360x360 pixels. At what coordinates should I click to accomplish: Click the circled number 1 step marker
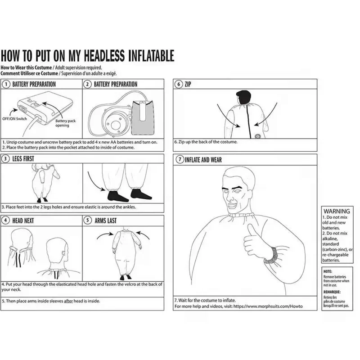(6, 84)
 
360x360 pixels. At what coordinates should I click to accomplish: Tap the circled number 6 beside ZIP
(178, 84)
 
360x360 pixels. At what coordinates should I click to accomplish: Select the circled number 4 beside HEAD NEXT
(5, 220)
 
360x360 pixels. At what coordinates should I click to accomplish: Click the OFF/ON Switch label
(14, 119)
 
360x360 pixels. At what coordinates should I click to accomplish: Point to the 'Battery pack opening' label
(65, 123)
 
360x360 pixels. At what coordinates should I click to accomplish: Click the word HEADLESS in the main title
(103, 56)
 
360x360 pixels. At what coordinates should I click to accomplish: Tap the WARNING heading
(337, 211)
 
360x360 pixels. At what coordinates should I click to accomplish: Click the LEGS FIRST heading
(23, 159)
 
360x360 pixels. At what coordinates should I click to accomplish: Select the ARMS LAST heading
(106, 220)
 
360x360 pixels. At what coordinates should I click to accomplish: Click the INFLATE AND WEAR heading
(203, 160)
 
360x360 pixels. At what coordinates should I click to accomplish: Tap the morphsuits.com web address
(268, 306)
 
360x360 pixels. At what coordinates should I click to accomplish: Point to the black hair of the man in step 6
(243, 96)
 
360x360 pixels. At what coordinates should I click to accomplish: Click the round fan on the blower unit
(114, 125)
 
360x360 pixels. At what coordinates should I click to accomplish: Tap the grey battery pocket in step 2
(143, 118)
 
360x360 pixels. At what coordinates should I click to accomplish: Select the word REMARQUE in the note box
(332, 292)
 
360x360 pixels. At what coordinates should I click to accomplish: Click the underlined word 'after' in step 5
(68, 301)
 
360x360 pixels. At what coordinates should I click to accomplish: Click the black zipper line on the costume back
(248, 121)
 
